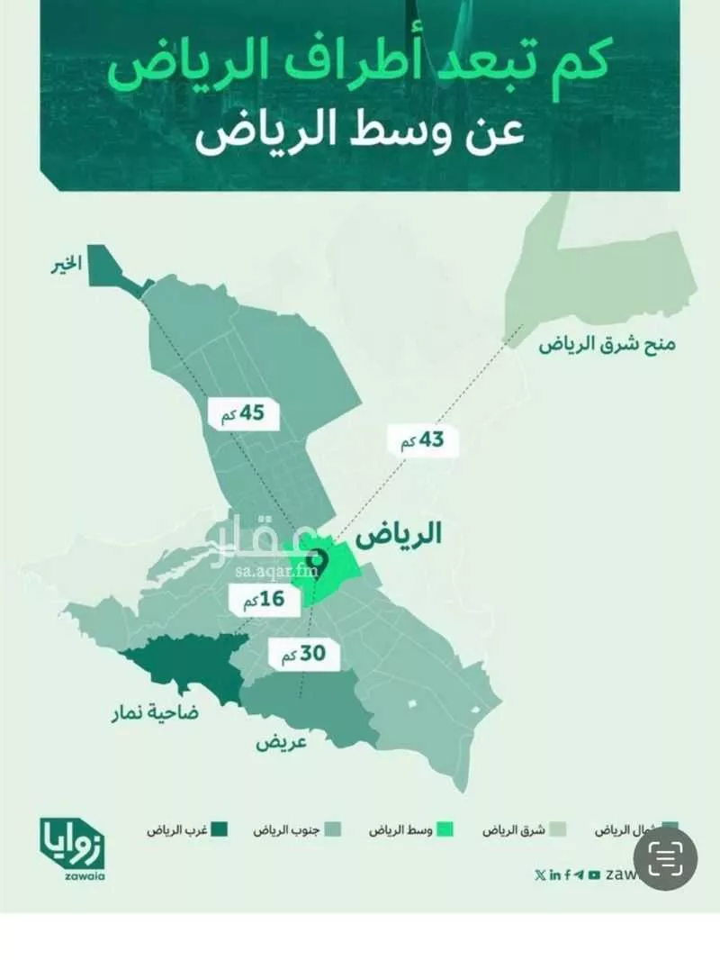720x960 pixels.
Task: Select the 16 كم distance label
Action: [260, 599]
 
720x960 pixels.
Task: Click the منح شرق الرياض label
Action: [608, 344]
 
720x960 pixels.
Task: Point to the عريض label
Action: [282, 743]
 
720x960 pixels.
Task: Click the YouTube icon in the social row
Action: [594, 874]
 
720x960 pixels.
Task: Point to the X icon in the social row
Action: [539, 874]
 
